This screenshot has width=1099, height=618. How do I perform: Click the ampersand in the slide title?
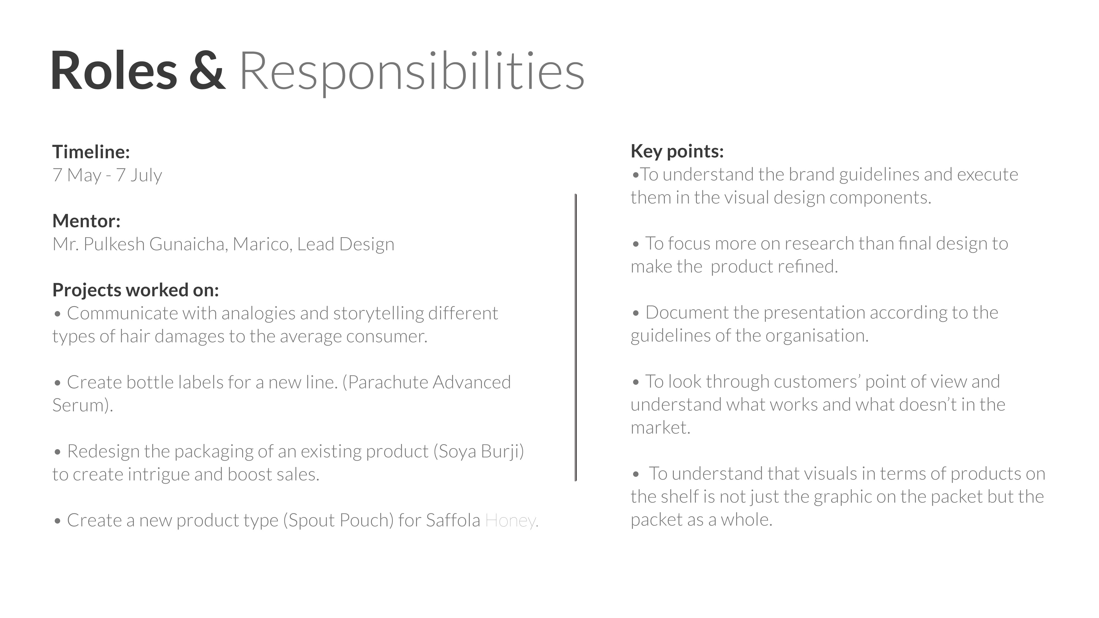coord(207,71)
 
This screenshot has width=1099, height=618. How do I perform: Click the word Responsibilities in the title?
coord(412,72)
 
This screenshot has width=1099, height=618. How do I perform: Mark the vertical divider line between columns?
coord(575,337)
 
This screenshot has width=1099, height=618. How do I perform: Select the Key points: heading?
coord(677,151)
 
